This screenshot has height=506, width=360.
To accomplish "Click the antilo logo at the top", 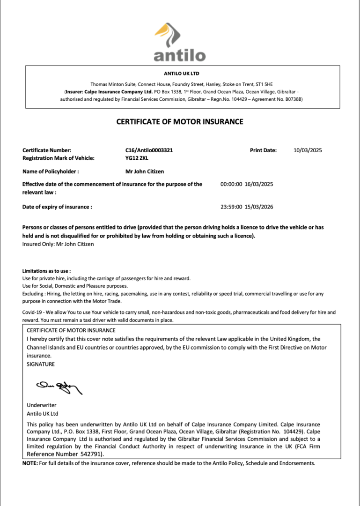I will (x=180, y=43).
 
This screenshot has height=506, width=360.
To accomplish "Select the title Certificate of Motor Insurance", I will (x=180, y=122).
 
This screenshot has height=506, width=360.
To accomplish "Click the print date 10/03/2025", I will (x=308, y=150).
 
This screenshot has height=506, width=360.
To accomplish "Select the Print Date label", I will (x=263, y=150).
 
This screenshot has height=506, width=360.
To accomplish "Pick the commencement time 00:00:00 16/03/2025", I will (x=246, y=184).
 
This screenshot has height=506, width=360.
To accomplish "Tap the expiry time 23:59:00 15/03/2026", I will (x=246, y=207).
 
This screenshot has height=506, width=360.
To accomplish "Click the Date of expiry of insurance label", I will (x=57, y=207).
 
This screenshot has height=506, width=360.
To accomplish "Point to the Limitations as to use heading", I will (x=46, y=271).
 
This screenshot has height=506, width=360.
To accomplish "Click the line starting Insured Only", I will (x=58, y=244).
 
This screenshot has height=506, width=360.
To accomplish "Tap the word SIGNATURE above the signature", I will (x=41, y=364).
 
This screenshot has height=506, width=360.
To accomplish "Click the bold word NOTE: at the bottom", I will (x=30, y=463).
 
